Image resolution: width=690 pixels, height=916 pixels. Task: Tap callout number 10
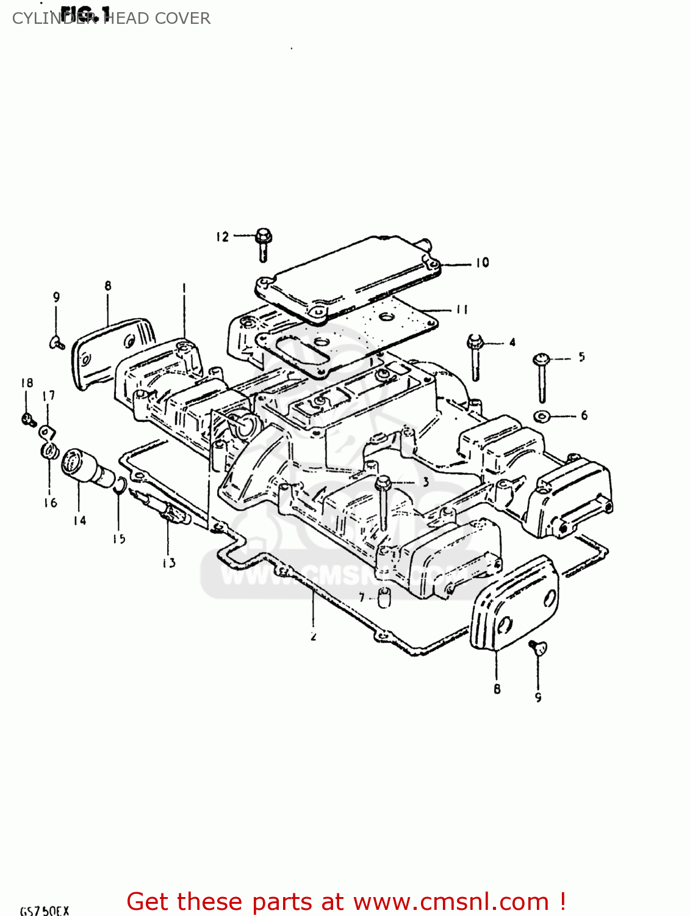[x=483, y=263]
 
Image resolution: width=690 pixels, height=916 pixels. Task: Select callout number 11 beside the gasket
[x=462, y=310]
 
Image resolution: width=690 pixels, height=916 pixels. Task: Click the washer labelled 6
[x=541, y=416]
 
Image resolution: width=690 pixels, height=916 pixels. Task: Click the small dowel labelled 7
[x=383, y=597]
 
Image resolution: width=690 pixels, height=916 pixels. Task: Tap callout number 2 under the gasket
[x=314, y=636]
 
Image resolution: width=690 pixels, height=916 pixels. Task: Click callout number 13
[x=169, y=562]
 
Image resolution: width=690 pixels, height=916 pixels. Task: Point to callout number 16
[x=51, y=503]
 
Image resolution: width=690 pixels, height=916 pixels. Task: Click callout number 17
[x=49, y=396]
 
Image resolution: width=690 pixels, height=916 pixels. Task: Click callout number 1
[x=184, y=286]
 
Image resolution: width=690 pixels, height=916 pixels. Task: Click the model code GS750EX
[x=45, y=911]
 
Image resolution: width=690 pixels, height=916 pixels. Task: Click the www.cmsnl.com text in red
[x=451, y=901]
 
